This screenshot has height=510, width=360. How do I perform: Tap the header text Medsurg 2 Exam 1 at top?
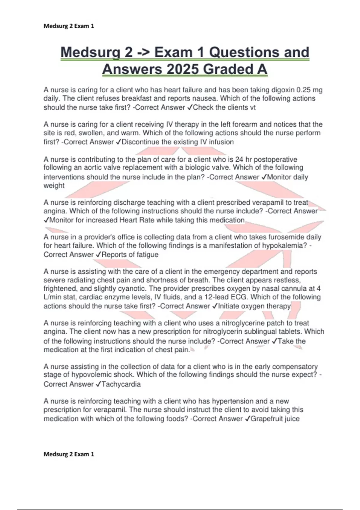click(69, 26)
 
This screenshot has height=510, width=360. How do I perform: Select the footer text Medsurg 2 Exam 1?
click(69, 454)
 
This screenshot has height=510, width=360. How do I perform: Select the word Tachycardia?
click(121, 384)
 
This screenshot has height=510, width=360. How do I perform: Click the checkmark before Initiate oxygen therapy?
click(215, 306)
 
